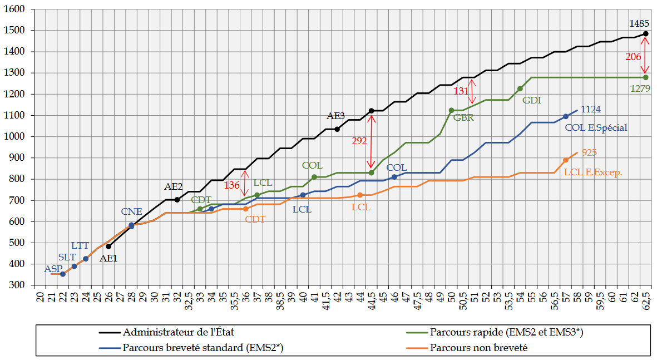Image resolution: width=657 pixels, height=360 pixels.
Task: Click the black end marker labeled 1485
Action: [645, 34]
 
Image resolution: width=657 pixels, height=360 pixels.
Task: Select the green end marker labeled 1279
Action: [645, 77]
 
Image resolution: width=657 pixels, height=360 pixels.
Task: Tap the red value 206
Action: [634, 56]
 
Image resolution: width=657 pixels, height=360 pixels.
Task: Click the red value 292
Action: [359, 141]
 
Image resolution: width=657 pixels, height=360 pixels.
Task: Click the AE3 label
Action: [335, 116]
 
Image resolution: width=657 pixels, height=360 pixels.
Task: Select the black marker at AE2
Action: [177, 200]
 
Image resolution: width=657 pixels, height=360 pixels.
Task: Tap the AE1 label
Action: [108, 258]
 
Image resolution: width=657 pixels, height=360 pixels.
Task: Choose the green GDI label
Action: [532, 101]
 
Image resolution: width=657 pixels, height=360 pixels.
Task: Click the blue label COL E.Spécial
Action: [596, 127]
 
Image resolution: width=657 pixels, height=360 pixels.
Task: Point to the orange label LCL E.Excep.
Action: [593, 172]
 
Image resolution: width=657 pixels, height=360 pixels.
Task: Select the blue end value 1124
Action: [591, 110]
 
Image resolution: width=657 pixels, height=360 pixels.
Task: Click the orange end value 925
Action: [590, 152]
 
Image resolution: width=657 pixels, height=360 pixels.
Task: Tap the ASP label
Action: [54, 269]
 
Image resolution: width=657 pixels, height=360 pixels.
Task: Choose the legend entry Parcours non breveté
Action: [478, 348]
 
